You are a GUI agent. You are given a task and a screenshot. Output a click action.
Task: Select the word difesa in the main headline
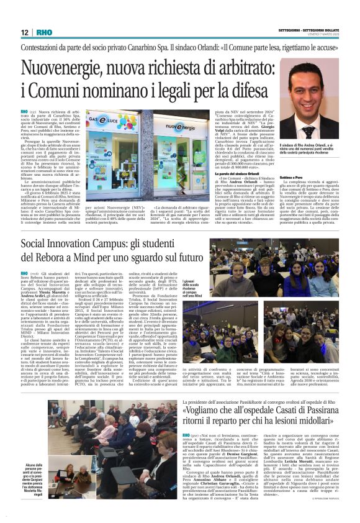coord(235,89)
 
